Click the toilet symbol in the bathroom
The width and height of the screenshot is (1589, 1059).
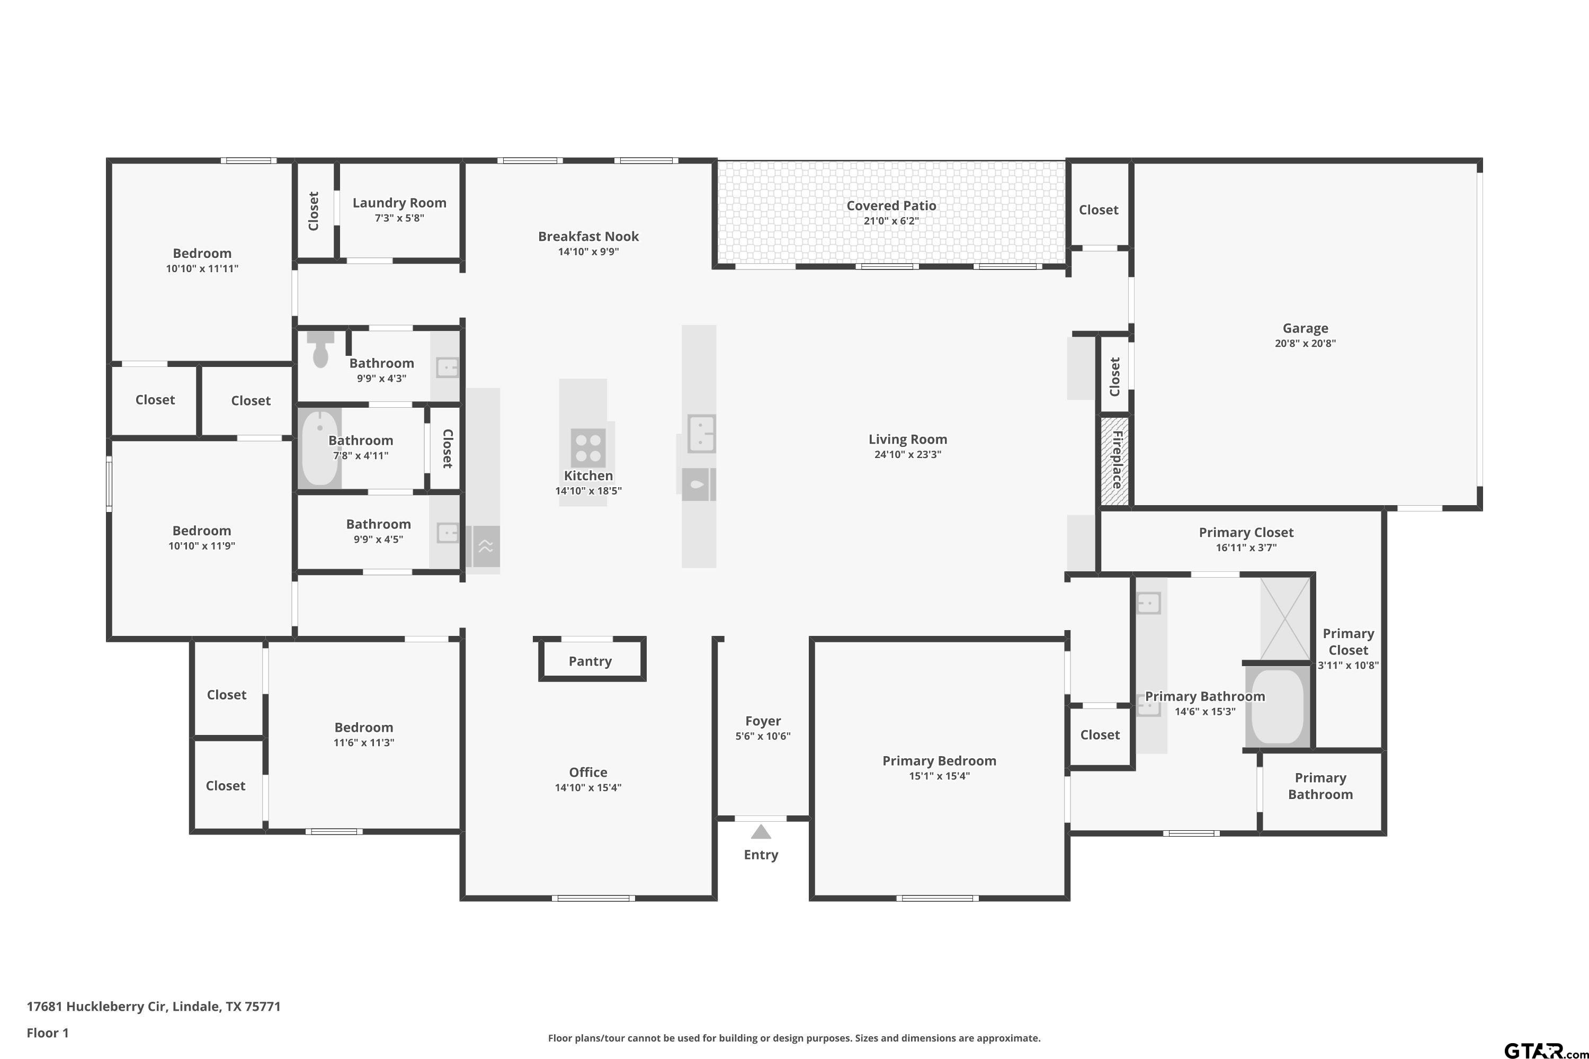[x=320, y=348]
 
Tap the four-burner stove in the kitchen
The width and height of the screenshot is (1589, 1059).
[x=588, y=448]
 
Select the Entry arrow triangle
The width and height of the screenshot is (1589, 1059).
[x=761, y=831]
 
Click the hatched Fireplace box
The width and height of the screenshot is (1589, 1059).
[x=1115, y=461]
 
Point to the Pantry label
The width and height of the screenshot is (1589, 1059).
[x=590, y=661]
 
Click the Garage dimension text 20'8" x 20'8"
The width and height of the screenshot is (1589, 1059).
[x=1305, y=343]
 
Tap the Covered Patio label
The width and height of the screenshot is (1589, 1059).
[x=891, y=205]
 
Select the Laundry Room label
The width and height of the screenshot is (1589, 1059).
[x=399, y=203]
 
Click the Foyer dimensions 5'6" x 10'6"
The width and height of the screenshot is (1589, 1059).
[x=763, y=736]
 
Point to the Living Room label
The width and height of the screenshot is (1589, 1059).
[x=907, y=439]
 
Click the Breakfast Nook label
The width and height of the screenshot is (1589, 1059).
[x=588, y=236]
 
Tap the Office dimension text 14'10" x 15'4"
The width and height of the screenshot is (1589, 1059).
[x=588, y=787]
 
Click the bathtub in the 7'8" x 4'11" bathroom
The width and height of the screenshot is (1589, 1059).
[x=319, y=448]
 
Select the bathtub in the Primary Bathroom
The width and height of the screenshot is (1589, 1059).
[x=1278, y=706]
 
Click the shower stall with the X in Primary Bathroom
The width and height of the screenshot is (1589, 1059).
[x=1285, y=618]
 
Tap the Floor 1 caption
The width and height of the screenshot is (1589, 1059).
[x=47, y=1033]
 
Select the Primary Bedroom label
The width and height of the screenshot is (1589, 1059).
[x=939, y=760]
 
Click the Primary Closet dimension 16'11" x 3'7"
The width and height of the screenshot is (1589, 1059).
[x=1246, y=548]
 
